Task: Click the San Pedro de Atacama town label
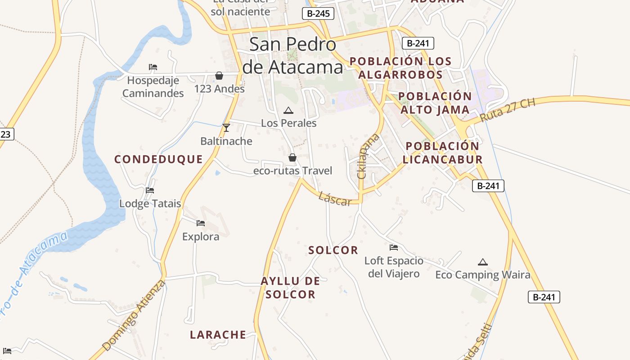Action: pos(292,56)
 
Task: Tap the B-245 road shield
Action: pos(318,13)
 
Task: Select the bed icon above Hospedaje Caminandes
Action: pos(153,67)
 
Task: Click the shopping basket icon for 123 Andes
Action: pos(219,76)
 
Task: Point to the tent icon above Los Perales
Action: pos(288,110)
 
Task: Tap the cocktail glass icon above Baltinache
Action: pos(226,128)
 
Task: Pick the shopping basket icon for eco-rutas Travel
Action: pos(292,157)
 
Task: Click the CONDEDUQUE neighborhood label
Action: pos(158,159)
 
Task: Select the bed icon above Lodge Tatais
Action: pos(150,190)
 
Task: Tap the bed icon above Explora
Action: pos(201,223)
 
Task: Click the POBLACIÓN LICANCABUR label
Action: pos(442,153)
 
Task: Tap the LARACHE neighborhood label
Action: pos(218,335)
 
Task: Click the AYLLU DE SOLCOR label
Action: pos(290,288)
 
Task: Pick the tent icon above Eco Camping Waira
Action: pos(483,262)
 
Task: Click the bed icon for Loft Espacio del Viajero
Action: pos(394,247)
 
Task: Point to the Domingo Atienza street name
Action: pos(134,315)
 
